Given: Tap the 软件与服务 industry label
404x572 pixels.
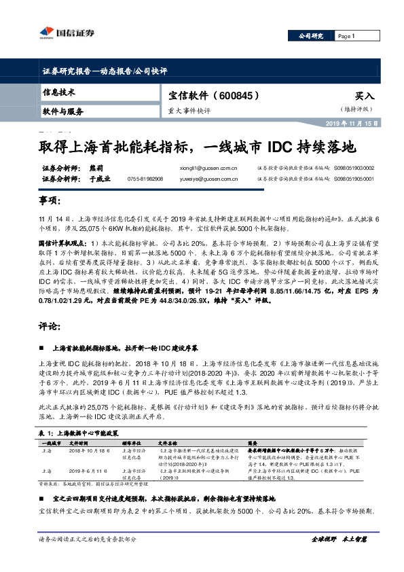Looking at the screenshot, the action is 63,111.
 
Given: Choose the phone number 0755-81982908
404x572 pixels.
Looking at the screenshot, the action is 145,179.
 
